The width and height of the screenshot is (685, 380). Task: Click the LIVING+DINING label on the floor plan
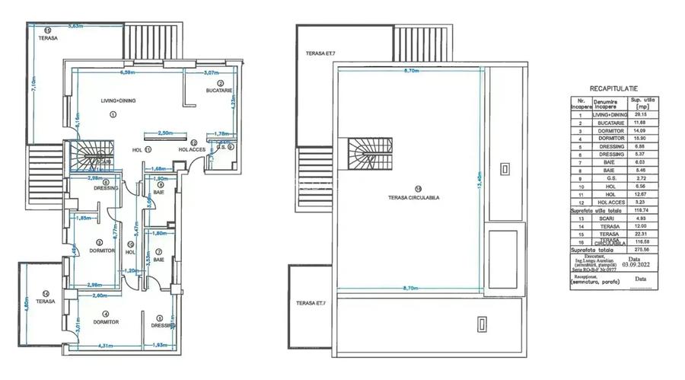coord(119,100)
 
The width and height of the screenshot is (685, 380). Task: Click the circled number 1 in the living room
coord(112,114)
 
